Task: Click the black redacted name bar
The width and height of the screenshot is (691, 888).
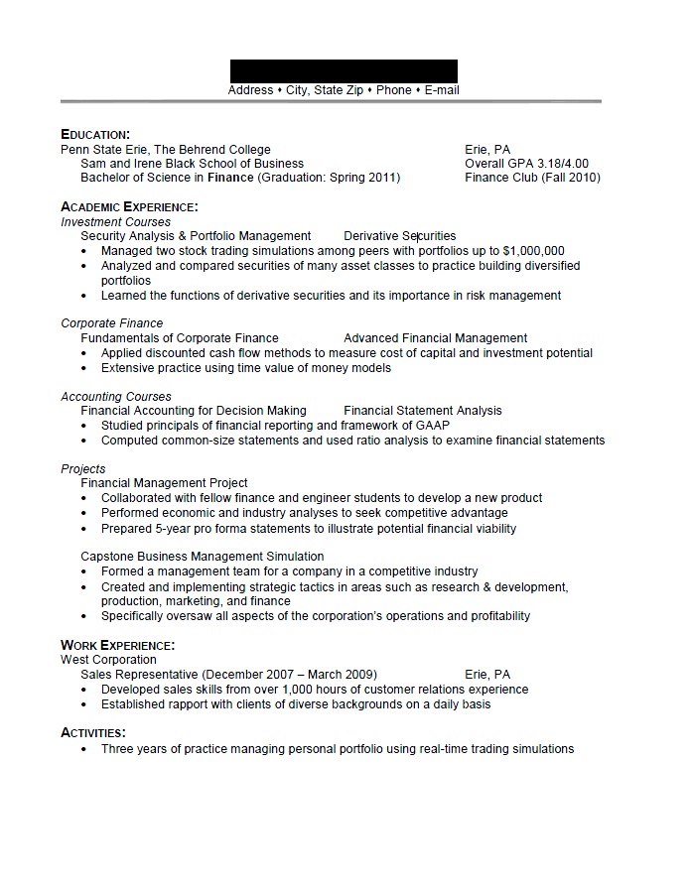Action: click(x=344, y=70)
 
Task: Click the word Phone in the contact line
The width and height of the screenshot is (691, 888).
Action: click(x=394, y=90)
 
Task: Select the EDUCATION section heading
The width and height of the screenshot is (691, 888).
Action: click(x=95, y=134)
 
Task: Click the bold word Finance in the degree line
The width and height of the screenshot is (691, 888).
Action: click(x=231, y=178)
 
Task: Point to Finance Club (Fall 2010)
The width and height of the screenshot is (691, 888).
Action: click(x=532, y=178)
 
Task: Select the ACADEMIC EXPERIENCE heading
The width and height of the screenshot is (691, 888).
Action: click(x=129, y=206)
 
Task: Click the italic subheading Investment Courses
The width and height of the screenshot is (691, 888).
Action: click(x=115, y=222)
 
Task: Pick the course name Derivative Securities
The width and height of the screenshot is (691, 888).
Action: click(x=399, y=236)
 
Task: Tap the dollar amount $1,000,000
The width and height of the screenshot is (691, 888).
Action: click(x=534, y=251)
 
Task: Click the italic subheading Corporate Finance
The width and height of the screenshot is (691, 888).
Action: click(x=111, y=323)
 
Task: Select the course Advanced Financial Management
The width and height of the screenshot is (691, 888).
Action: click(x=435, y=338)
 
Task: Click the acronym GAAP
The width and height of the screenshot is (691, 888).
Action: click(x=432, y=426)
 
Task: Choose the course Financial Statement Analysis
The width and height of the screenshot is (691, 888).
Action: click(x=423, y=411)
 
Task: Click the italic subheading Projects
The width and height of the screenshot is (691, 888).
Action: click(x=83, y=469)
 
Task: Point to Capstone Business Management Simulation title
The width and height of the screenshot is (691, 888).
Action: click(x=202, y=557)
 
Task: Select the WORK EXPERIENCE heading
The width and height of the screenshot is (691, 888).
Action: click(x=118, y=645)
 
